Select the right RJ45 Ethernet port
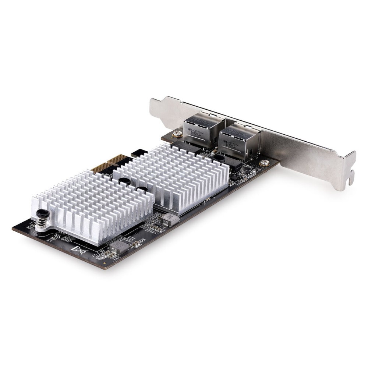point(238,140)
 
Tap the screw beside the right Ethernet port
point(264,162)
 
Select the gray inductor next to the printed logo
point(119,247)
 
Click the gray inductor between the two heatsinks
point(169,219)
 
